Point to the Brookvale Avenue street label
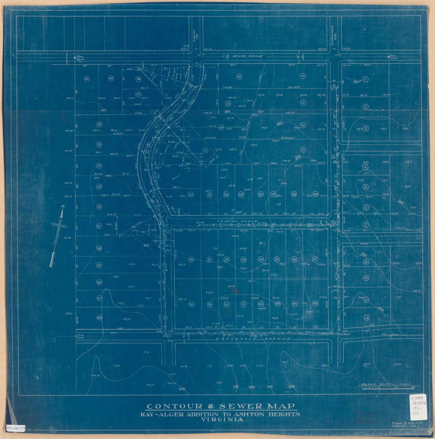coord(253,339)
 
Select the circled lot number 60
coord(87,78)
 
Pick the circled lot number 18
coord(239,76)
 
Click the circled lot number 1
coord(365,79)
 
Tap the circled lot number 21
coord(205,150)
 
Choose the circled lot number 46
coord(99,317)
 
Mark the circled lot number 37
coord(315,259)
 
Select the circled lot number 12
coord(367,317)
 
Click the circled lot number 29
coord(316,194)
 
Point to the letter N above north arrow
coord(62,206)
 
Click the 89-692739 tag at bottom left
coord(16,428)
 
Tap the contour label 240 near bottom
coord(292,386)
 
